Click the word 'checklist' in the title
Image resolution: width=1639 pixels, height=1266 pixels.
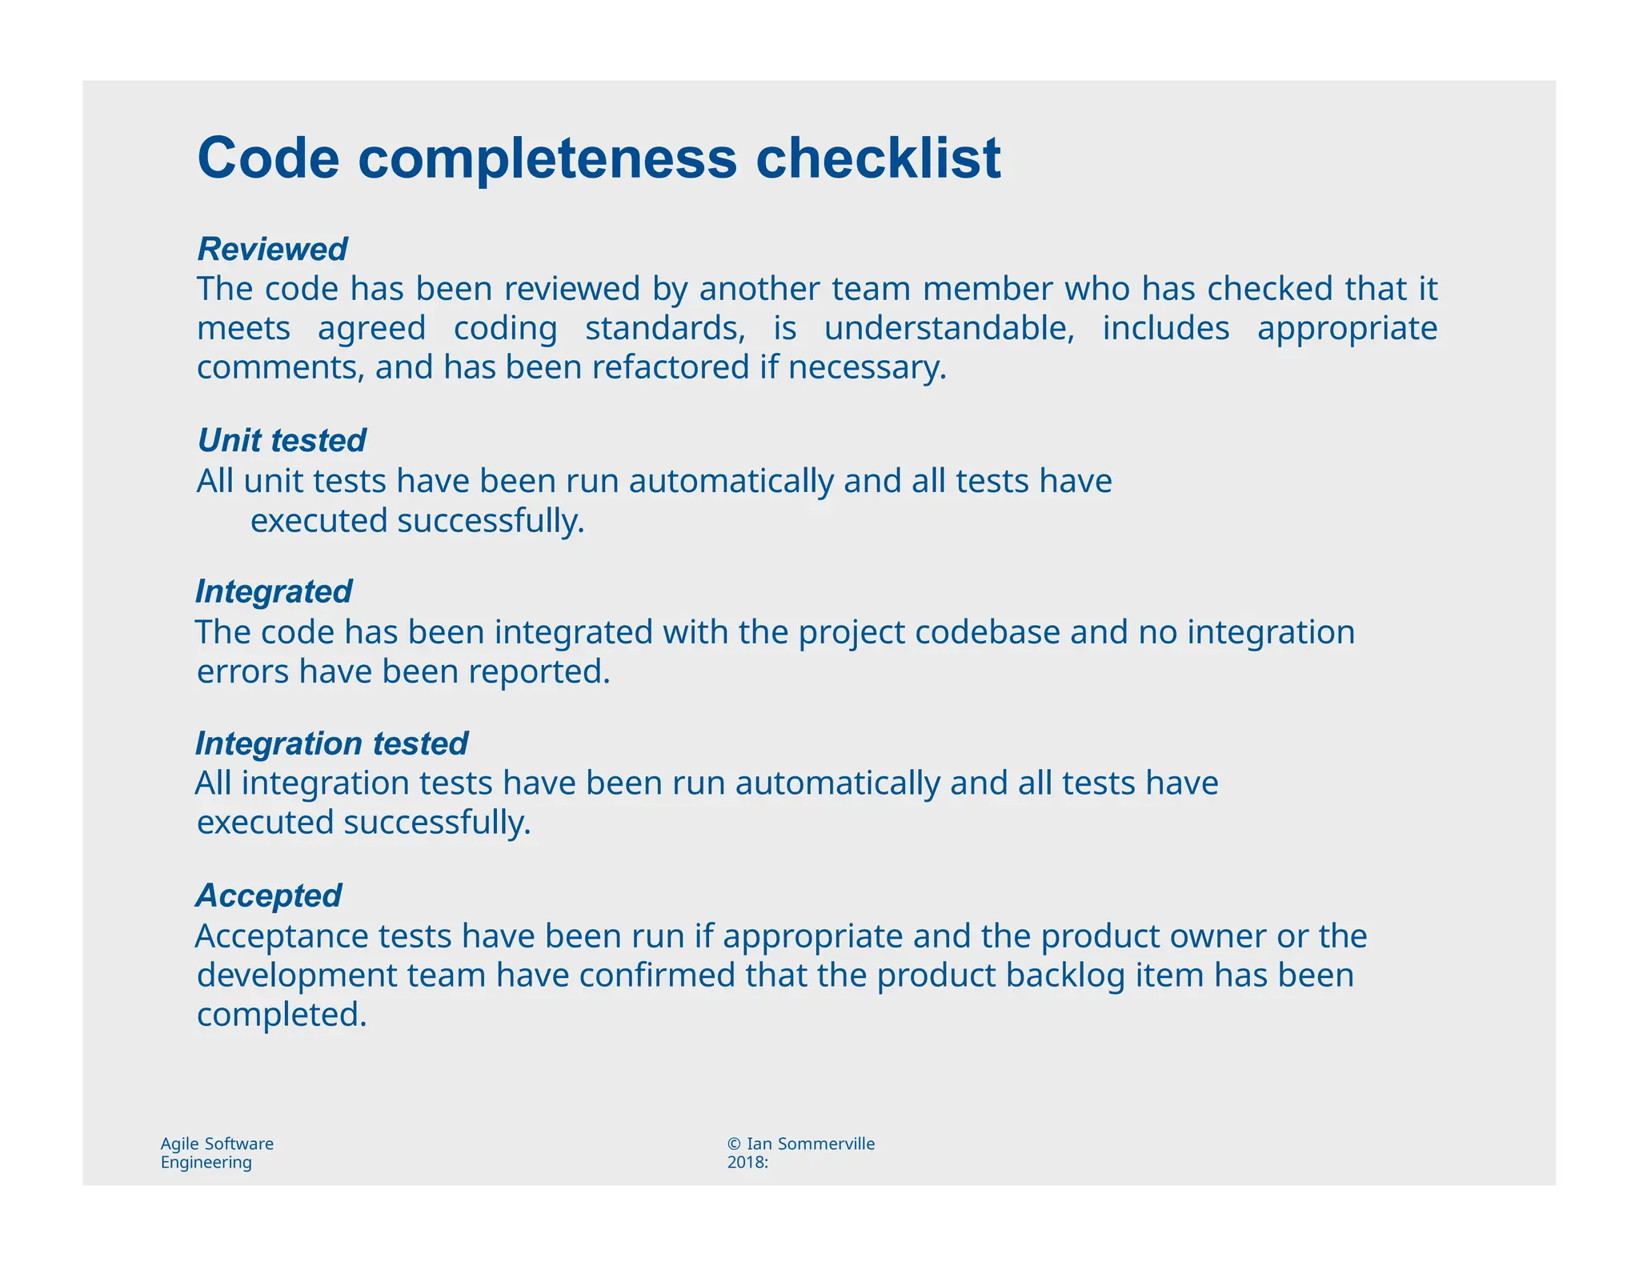pos(878,158)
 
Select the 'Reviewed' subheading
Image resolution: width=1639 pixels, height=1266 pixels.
pos(272,249)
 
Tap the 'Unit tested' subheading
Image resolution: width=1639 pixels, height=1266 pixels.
pos(282,440)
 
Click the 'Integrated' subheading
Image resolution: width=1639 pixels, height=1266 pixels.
pos(274,591)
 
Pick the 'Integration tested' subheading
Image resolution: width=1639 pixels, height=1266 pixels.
pos(331,743)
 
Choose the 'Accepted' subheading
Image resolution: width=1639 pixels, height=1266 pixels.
pos(269,895)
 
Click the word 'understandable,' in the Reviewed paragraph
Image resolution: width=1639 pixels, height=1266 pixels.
pos(949,329)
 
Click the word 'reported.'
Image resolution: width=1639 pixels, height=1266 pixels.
pos(539,671)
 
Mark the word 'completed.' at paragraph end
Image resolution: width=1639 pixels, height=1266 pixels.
pos(282,1015)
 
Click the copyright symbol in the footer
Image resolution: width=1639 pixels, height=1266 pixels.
pos(734,1144)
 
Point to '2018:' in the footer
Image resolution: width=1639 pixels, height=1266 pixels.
pos(747,1163)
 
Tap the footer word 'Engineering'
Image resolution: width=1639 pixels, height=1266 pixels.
pos(206,1163)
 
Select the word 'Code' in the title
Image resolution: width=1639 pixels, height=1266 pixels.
pos(268,158)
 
